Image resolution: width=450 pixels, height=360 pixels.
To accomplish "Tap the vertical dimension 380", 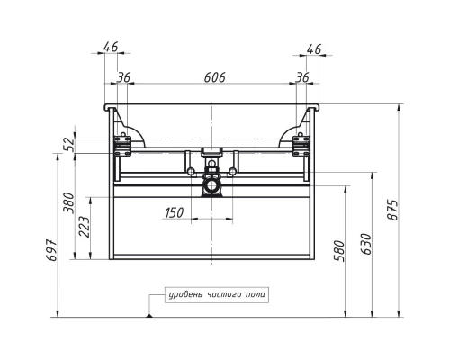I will point(67,205).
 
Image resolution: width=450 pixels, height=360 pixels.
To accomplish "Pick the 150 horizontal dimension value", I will point(175,212).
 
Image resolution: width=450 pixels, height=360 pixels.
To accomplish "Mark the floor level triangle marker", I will point(149,314).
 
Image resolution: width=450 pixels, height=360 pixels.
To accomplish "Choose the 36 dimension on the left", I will point(123,79).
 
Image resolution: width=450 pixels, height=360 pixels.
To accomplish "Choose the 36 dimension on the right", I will point(302,79).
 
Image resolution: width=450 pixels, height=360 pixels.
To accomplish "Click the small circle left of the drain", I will point(190,170).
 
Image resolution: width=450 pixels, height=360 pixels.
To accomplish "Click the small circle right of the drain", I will point(232,170).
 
